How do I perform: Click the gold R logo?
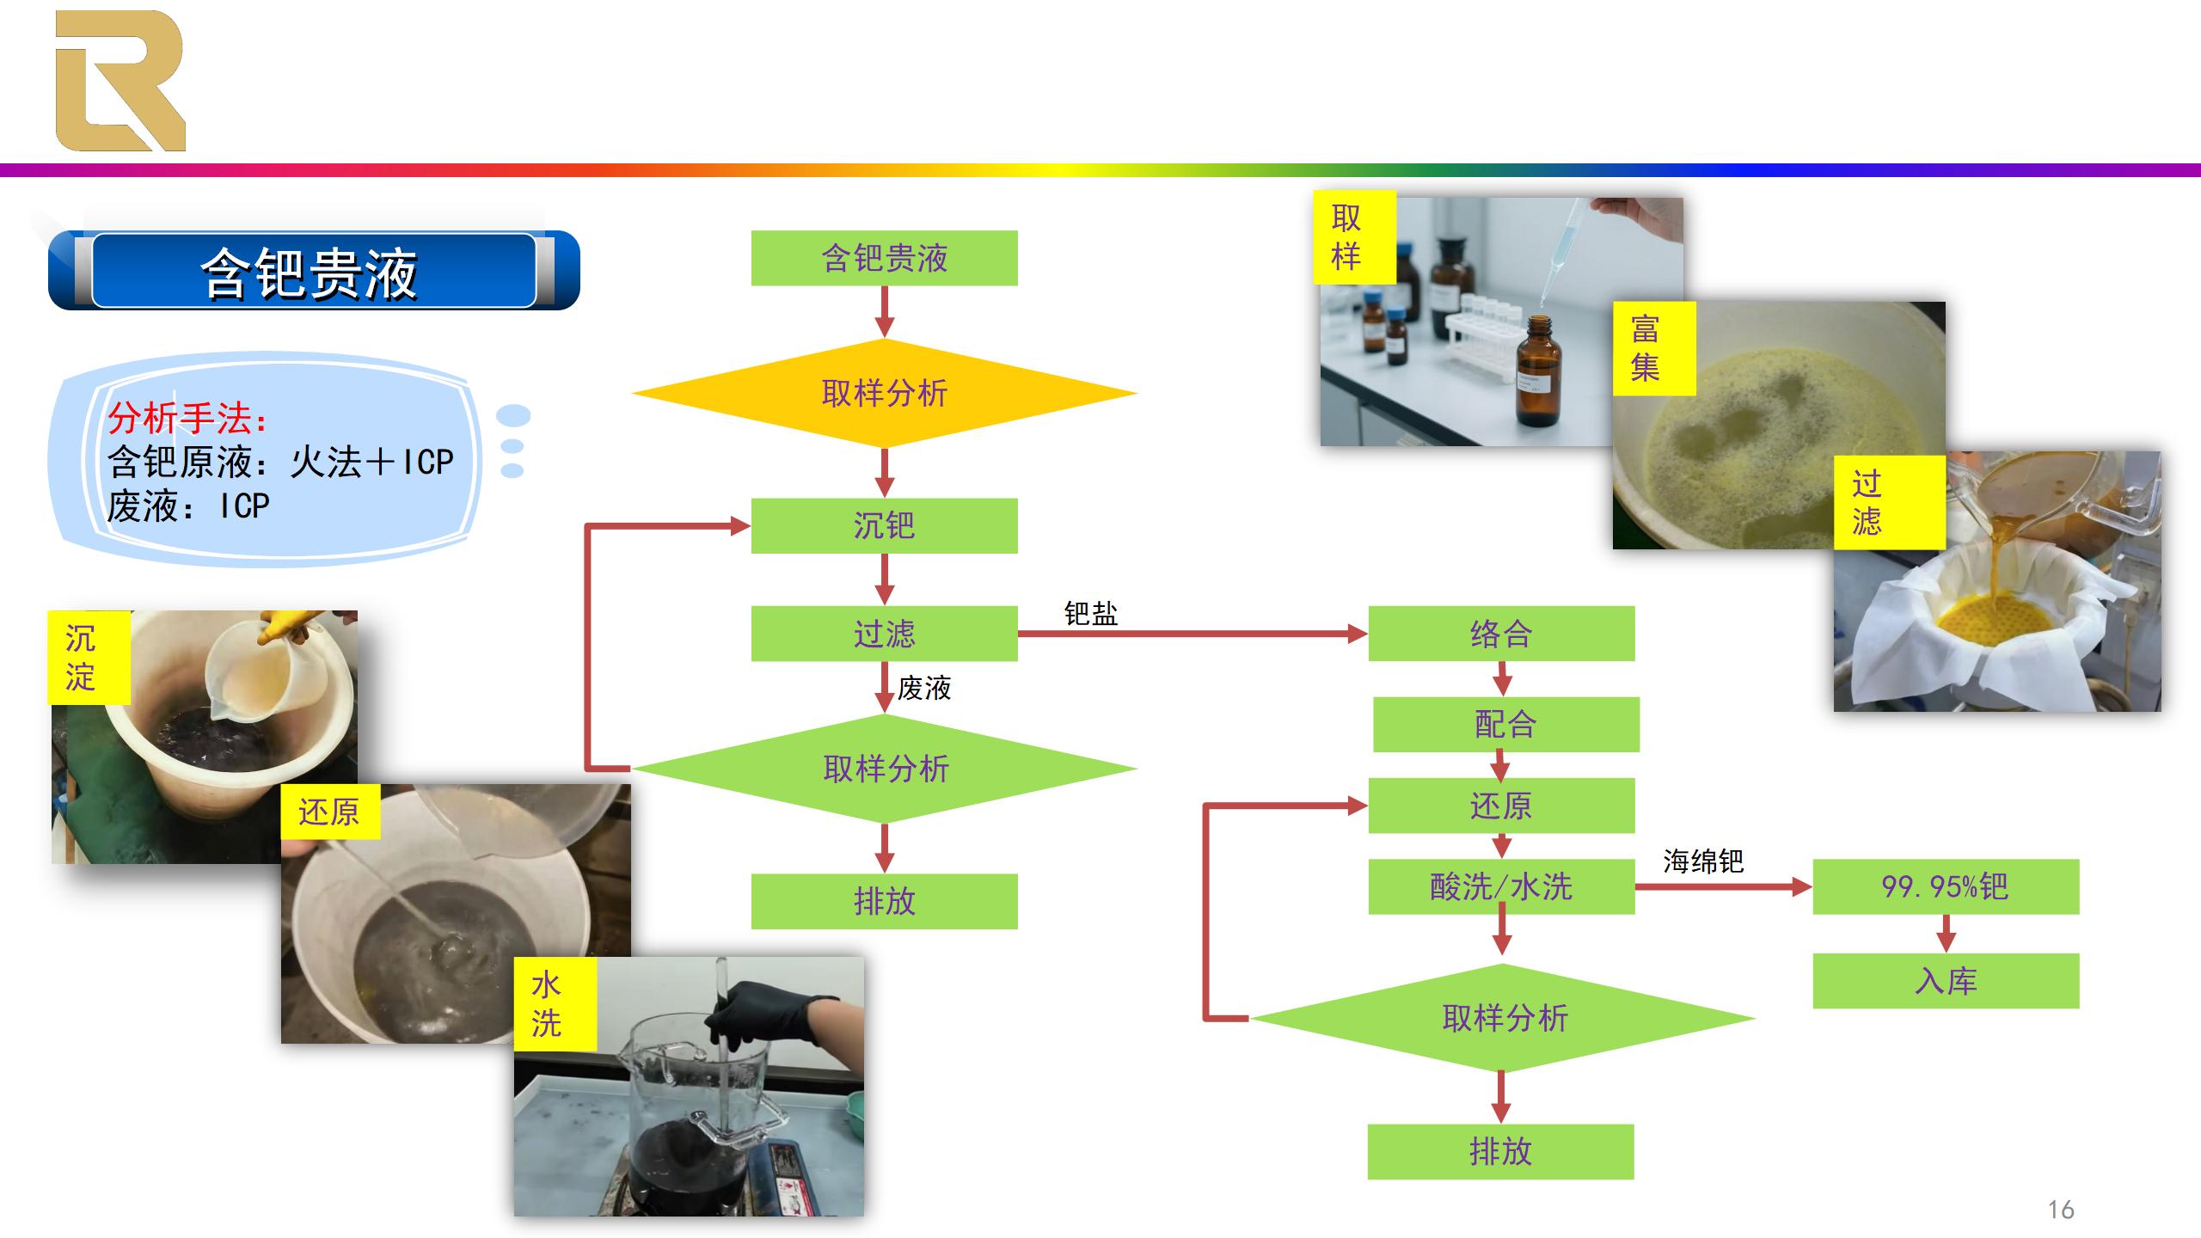120,81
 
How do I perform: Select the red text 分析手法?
186,419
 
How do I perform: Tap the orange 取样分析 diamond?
884,393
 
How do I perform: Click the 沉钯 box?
884,525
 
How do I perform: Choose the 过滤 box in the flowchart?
884,634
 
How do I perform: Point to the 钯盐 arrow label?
1090,614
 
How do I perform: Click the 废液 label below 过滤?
924,688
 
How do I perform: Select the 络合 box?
1501,634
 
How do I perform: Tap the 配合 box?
1505,724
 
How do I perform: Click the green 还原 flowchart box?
1501,806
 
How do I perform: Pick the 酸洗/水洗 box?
1501,886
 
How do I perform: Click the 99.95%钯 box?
1946,886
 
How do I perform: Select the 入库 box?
1946,981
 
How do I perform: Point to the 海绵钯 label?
1702,861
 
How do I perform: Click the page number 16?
2061,1210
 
